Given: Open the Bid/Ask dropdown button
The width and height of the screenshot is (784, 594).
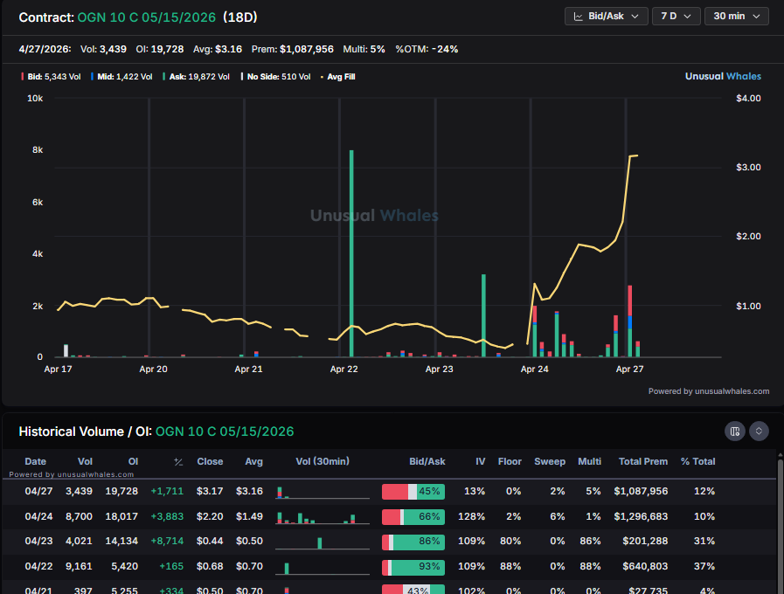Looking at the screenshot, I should pyautogui.click(x=607, y=17).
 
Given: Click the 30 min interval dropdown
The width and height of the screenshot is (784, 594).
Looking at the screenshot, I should pyautogui.click(x=736, y=17).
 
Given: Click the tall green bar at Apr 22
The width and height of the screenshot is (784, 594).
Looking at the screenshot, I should pyautogui.click(x=351, y=253).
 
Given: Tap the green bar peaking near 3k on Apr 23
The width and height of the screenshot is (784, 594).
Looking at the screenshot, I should pyautogui.click(x=483, y=315).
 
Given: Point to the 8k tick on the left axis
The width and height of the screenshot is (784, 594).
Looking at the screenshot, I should pyautogui.click(x=38, y=150).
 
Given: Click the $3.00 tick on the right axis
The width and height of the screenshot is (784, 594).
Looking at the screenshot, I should pyautogui.click(x=748, y=168).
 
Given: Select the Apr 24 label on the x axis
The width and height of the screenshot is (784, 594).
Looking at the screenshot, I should pyautogui.click(x=534, y=370).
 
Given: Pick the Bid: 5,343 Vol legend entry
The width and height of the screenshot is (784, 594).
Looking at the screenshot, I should pyautogui.click(x=52, y=77).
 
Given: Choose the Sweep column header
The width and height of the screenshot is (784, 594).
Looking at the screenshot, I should pyautogui.click(x=550, y=461).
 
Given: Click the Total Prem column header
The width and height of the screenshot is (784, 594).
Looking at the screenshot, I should pyautogui.click(x=642, y=461).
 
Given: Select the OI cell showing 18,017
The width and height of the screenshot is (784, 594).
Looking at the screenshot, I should pyautogui.click(x=121, y=517).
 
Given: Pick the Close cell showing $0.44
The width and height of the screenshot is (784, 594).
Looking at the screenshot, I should pyautogui.click(x=210, y=542).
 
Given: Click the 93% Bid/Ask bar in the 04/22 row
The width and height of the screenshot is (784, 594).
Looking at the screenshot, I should pyautogui.click(x=413, y=567).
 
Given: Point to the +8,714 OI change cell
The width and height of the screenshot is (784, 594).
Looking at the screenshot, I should pyautogui.click(x=166, y=542).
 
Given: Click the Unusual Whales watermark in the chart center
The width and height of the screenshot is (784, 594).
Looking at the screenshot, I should pyautogui.click(x=374, y=216).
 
